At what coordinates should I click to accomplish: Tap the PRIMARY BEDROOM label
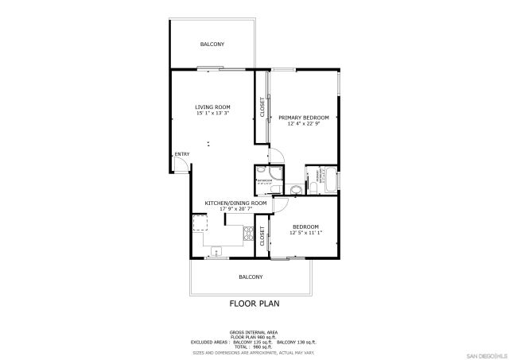click(303, 117)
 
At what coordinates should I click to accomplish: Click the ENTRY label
click(182, 154)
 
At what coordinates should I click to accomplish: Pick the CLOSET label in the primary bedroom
click(263, 106)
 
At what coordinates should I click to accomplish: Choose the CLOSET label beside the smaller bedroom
click(262, 235)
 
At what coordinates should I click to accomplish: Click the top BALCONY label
click(212, 45)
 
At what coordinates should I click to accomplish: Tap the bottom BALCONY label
click(251, 277)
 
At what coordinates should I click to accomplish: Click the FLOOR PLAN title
click(254, 303)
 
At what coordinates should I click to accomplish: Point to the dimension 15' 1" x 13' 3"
click(212, 113)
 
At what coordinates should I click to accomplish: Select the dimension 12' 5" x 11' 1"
click(305, 232)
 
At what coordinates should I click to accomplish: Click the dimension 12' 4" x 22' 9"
click(303, 123)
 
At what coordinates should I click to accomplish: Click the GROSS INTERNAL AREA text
click(254, 331)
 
